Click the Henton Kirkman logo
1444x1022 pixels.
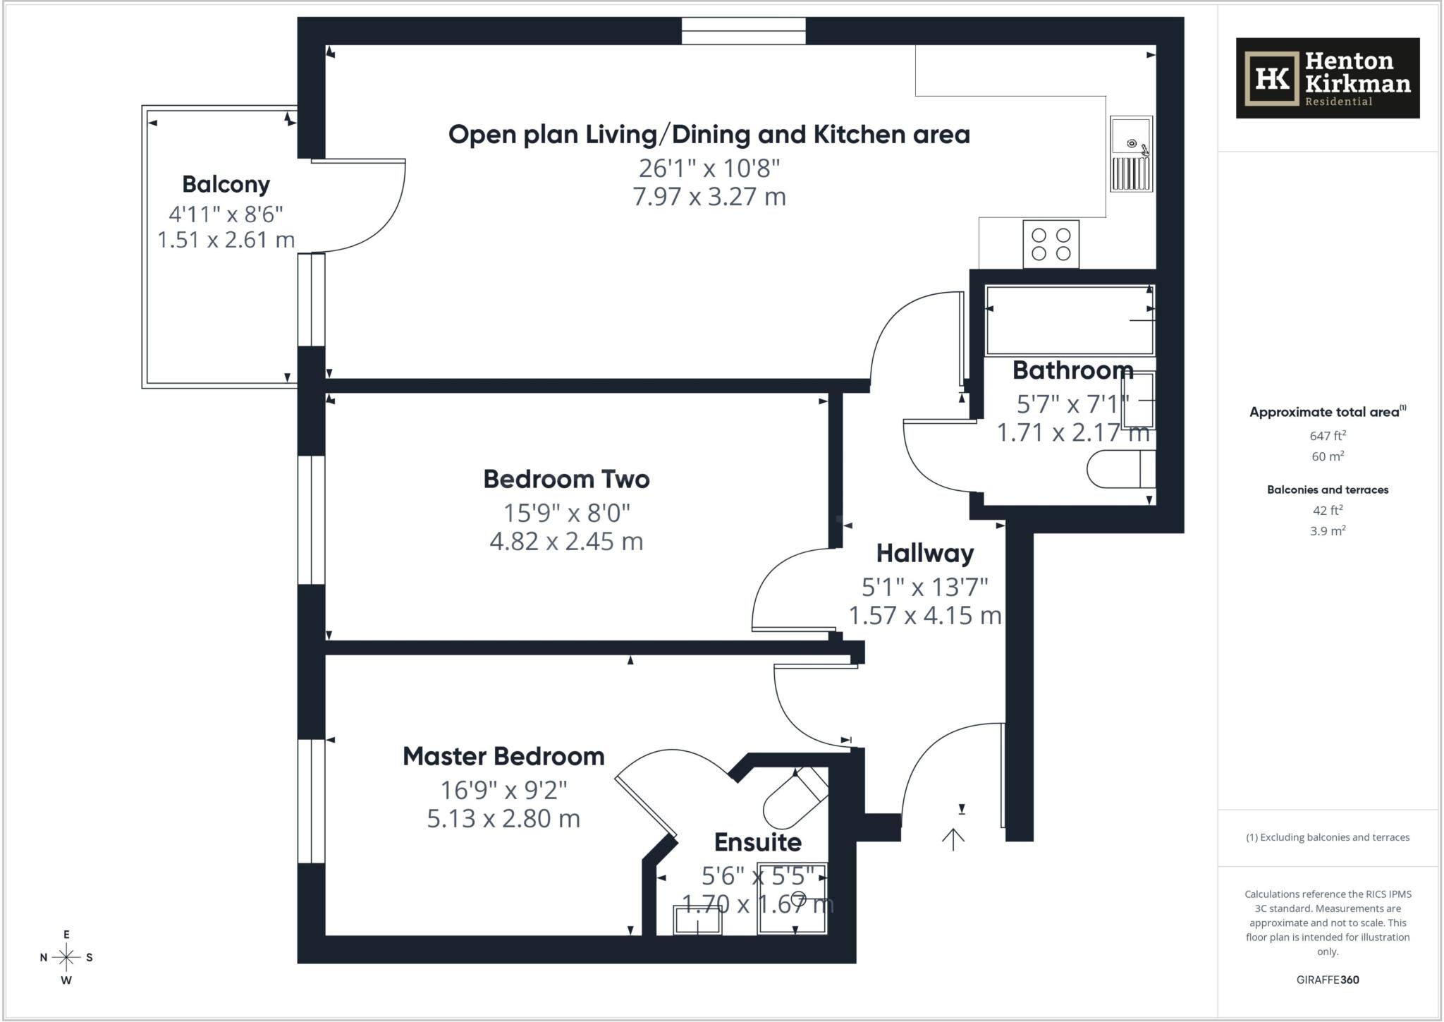[x=1327, y=78]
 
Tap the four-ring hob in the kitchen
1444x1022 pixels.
[x=1051, y=244]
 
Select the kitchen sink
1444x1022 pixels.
[x=1131, y=154]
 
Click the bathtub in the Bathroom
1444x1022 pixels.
[x=1069, y=320]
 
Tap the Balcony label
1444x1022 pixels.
[x=226, y=184]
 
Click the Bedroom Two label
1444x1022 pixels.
[x=566, y=479]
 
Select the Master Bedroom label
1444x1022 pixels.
[x=503, y=756]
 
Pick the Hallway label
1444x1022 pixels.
[x=924, y=553]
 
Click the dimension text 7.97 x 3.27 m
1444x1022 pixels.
[x=709, y=196]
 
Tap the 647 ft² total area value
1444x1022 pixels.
[x=1327, y=436]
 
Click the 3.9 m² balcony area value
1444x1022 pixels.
[x=1327, y=531]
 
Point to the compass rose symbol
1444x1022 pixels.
[x=66, y=957]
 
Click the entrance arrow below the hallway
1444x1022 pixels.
[x=953, y=839]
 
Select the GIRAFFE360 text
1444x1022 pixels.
[x=1327, y=980]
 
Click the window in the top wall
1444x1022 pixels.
[x=743, y=31]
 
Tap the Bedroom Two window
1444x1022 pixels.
[x=311, y=520]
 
